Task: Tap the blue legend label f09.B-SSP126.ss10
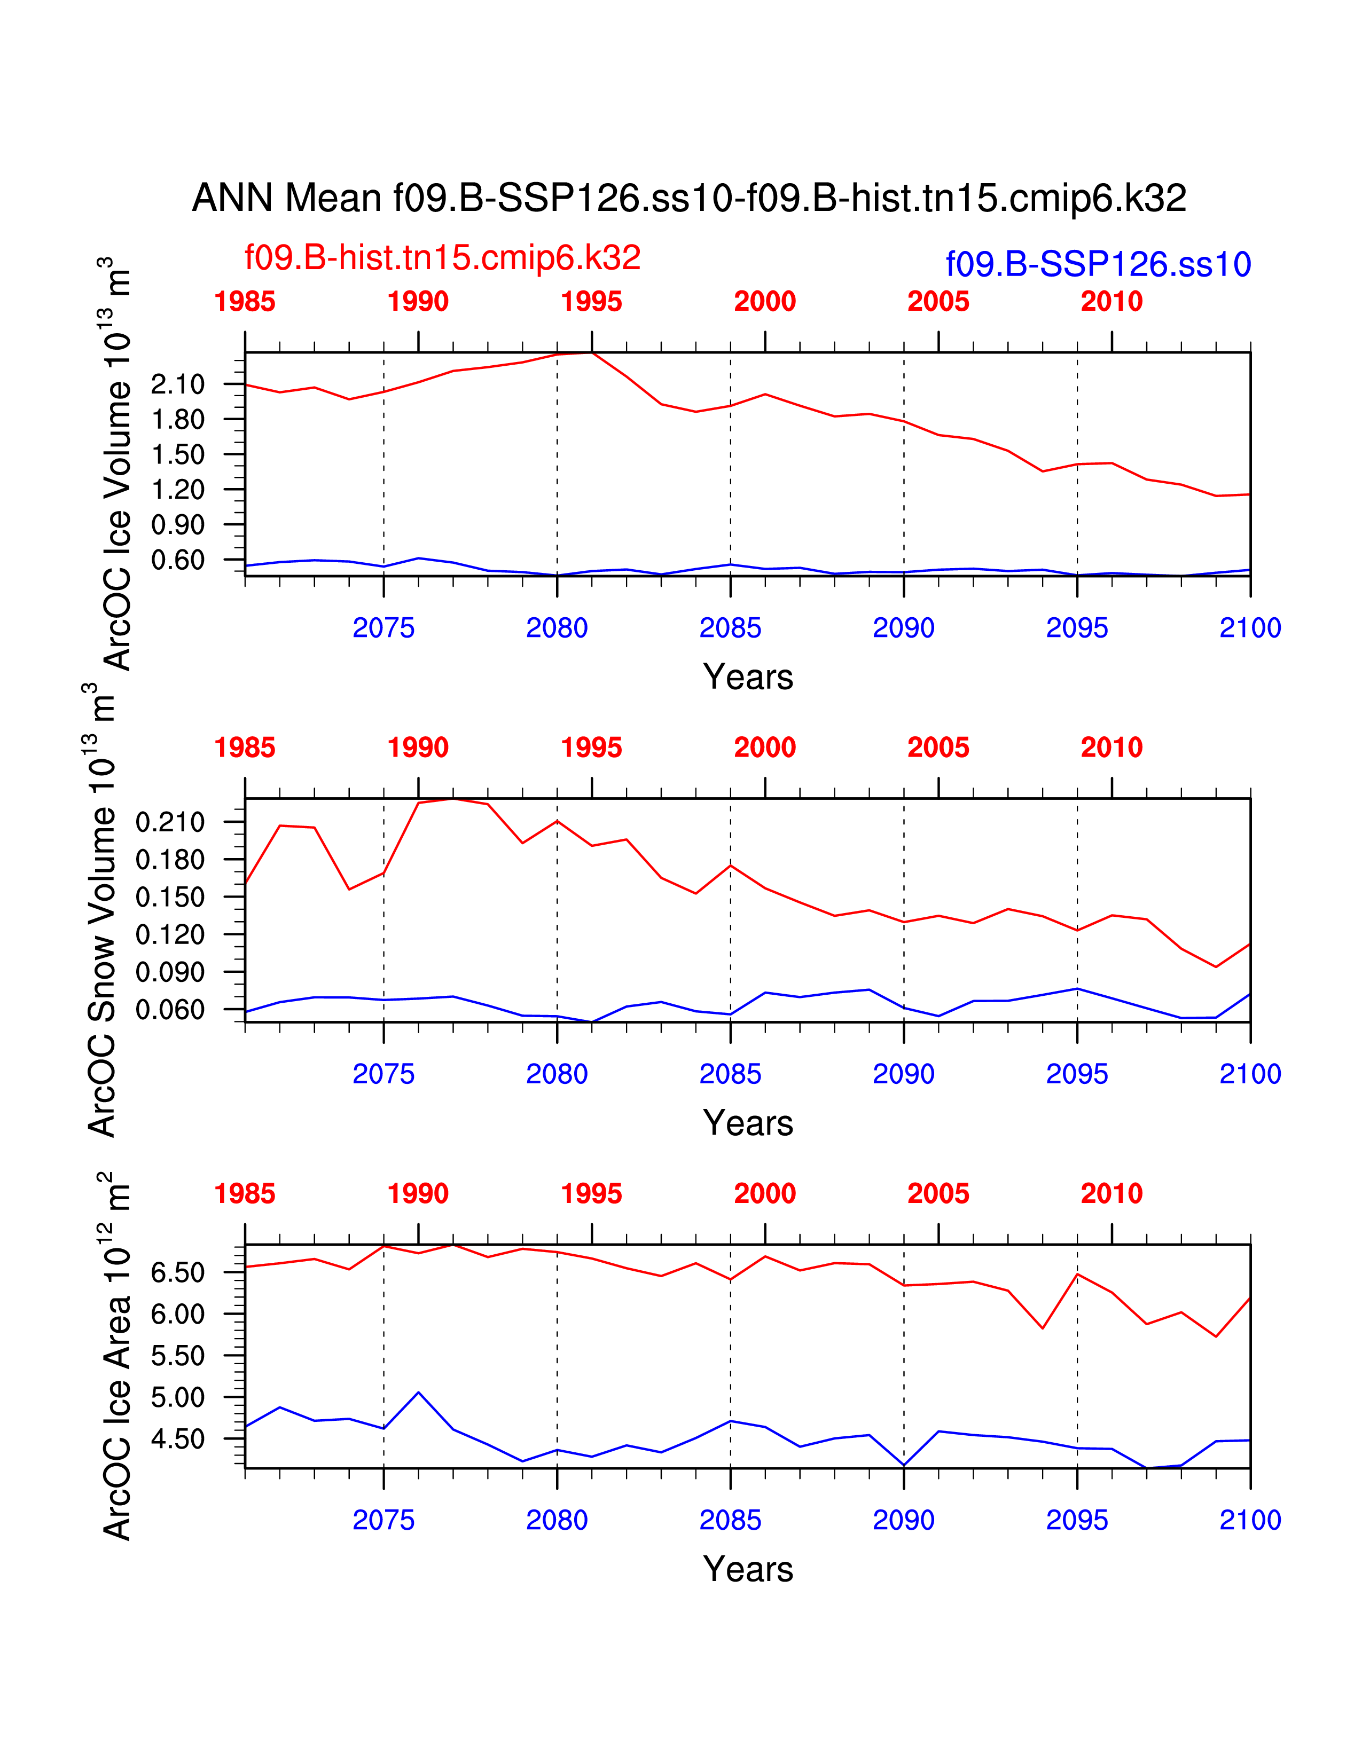point(1098,265)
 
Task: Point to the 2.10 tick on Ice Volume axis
point(177,385)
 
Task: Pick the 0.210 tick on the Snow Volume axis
point(170,823)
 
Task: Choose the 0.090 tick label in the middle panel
point(170,972)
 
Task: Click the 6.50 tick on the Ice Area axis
point(177,1273)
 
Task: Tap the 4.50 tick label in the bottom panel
point(177,1440)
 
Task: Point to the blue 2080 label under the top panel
point(557,628)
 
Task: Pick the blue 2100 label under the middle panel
point(1250,1075)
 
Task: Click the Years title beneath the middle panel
point(748,1123)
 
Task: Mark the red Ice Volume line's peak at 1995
point(591,352)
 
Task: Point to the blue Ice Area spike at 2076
point(418,1393)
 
